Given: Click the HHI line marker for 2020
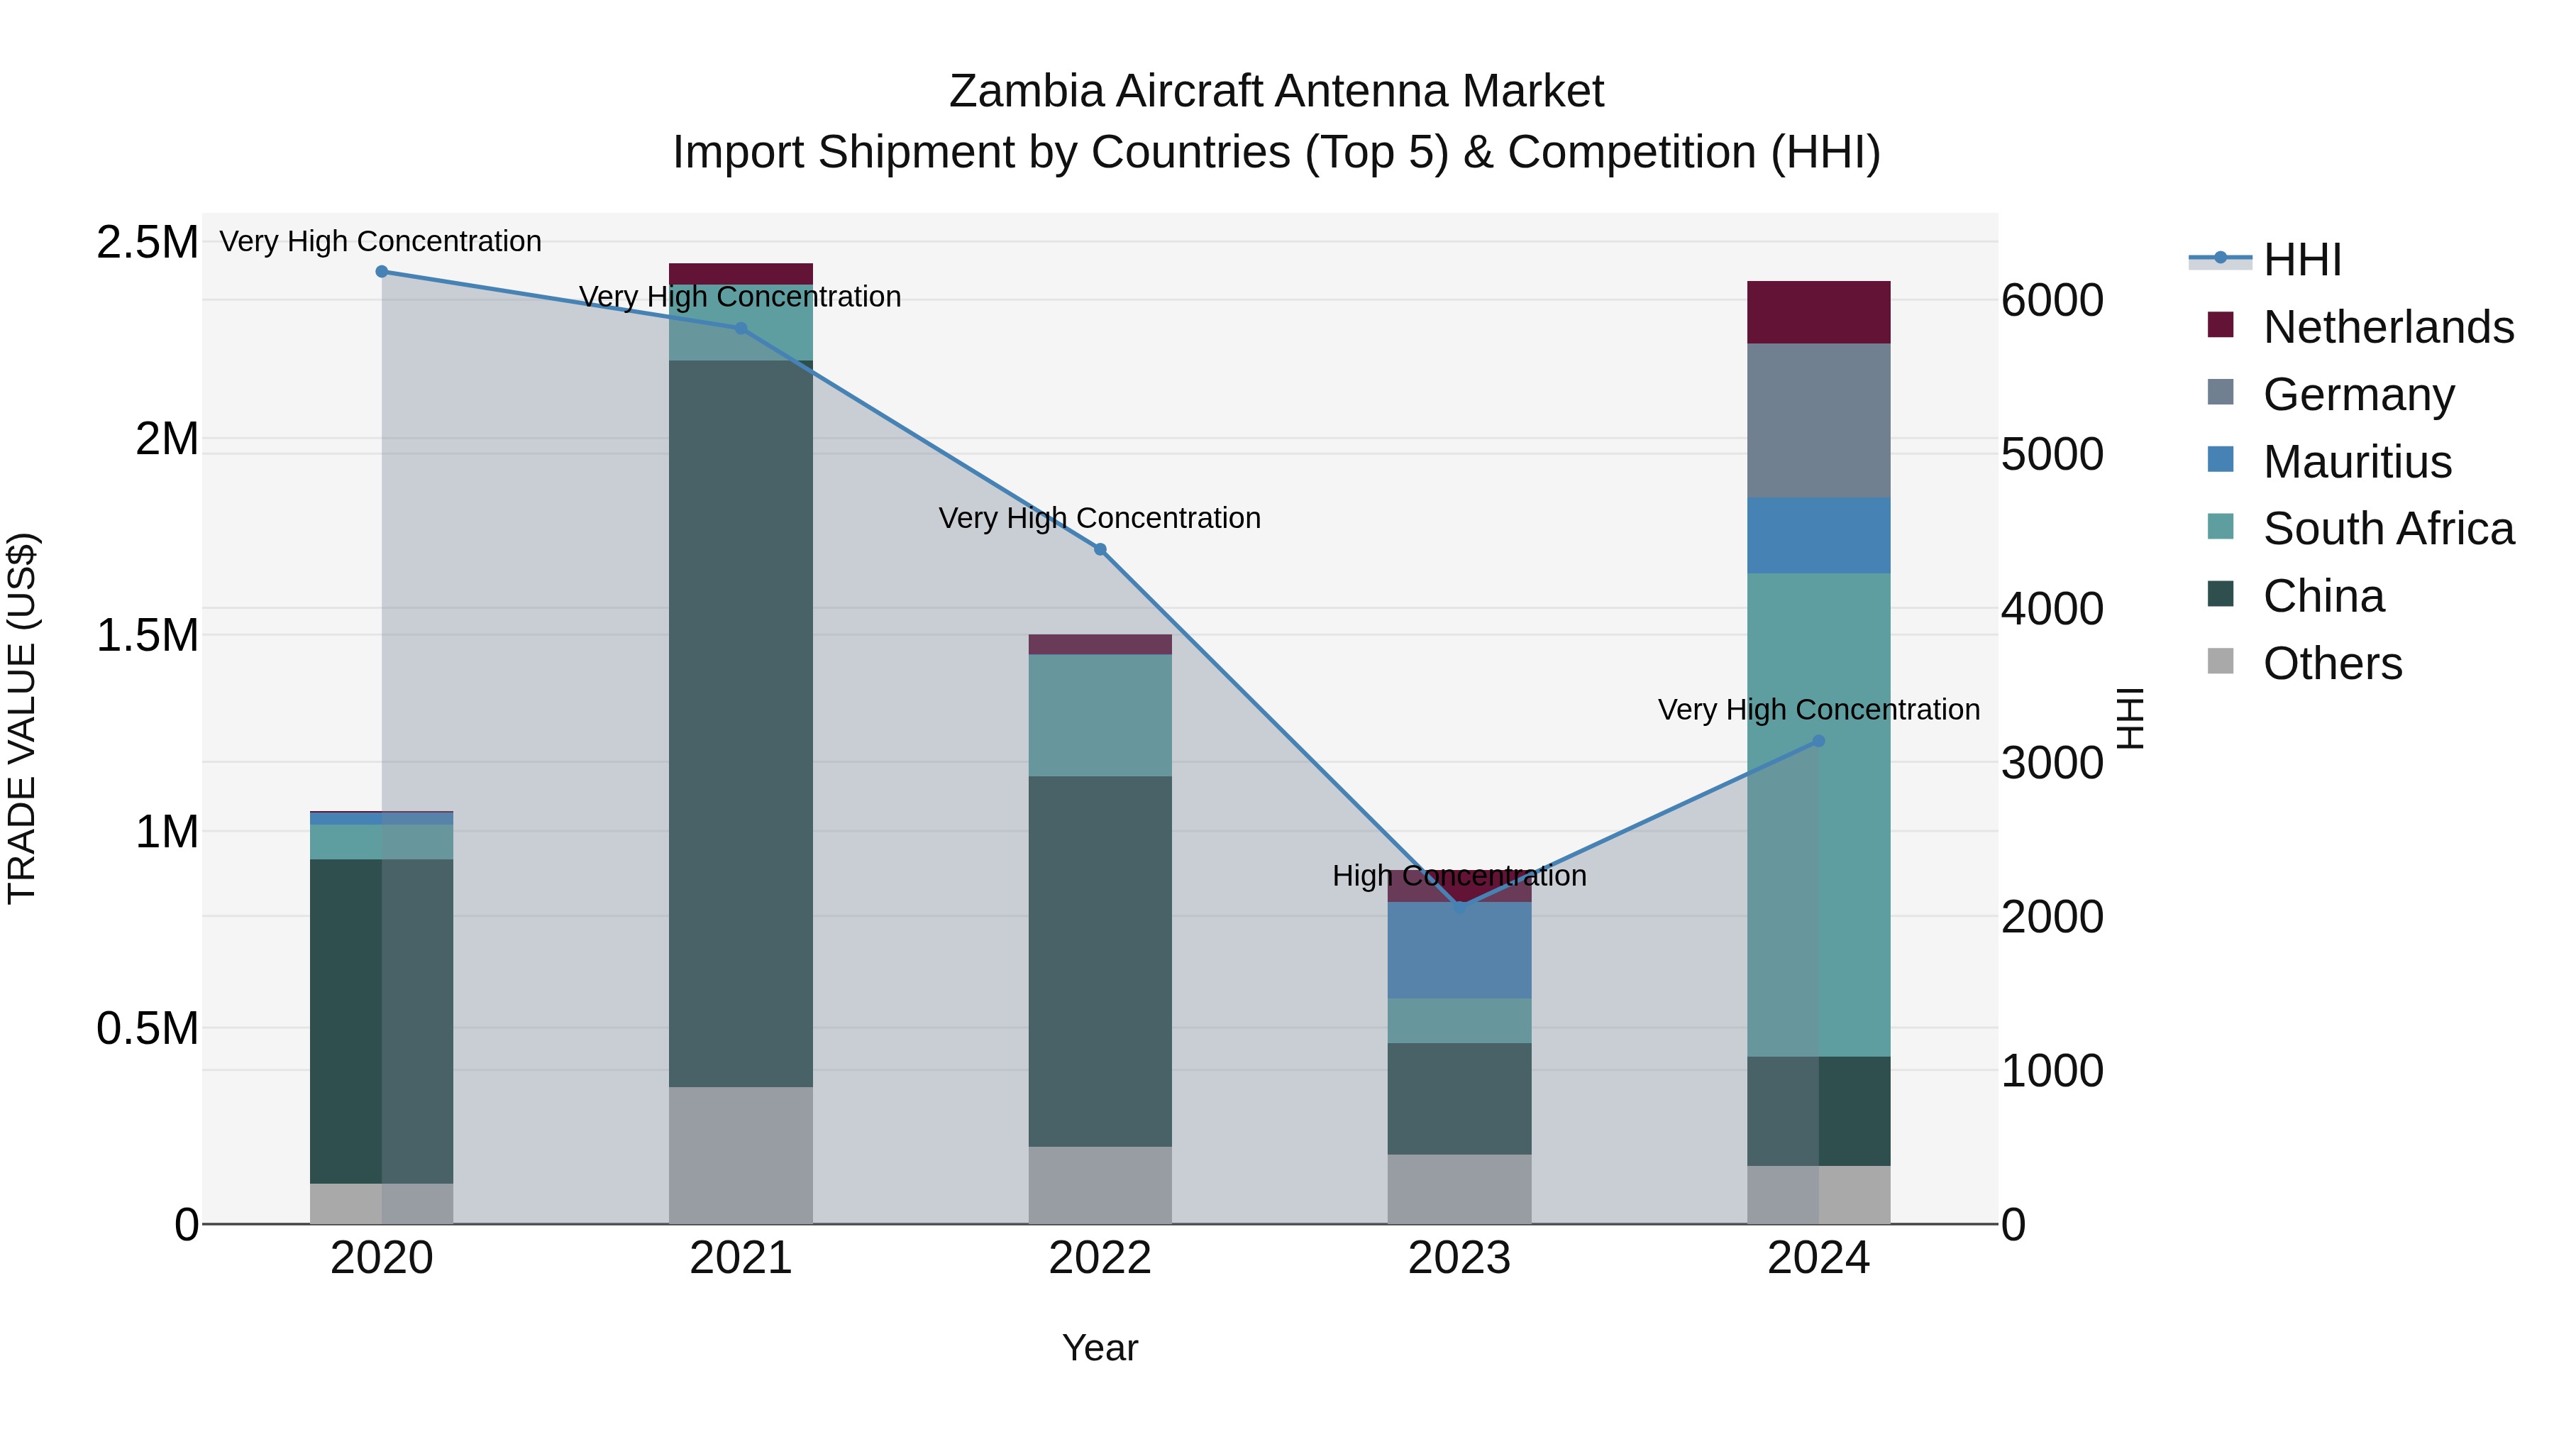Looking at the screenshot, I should click(382, 272).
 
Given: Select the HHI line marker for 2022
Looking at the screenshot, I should click(1100, 549).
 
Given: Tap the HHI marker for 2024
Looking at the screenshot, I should click(1818, 741).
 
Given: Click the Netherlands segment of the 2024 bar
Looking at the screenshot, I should click(1818, 312).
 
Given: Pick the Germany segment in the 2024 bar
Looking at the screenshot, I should click(1818, 421).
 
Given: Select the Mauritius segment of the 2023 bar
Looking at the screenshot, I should click(1459, 950).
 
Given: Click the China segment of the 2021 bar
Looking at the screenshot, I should click(741, 724).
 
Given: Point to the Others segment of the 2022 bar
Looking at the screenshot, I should click(1100, 1185).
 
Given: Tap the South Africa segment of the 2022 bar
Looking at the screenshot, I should click(1100, 715).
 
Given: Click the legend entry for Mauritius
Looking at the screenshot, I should click(2357, 462).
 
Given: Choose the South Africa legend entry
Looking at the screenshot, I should click(2387, 529).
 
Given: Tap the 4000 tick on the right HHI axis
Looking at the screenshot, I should click(2051, 609).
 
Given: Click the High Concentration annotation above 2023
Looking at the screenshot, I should click(1459, 876).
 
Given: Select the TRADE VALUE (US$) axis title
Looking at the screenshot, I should click(22, 718).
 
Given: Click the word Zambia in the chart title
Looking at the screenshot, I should click(1025, 92).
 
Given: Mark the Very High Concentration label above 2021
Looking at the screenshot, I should click(741, 297).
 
